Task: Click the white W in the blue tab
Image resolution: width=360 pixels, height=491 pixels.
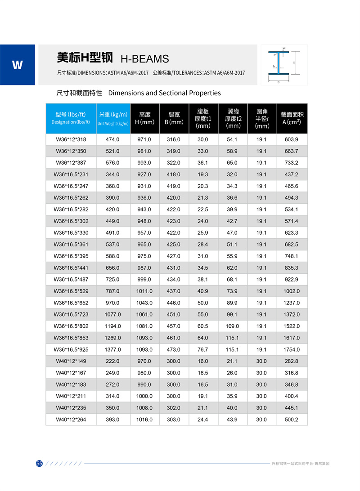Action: tap(17, 65)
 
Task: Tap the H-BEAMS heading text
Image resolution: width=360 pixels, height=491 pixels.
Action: tap(144, 59)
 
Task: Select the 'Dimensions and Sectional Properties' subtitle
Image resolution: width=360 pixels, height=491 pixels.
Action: tap(165, 93)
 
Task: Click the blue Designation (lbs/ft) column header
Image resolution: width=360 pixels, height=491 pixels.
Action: tap(71, 118)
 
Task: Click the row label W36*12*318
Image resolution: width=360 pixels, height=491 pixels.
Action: tap(71, 139)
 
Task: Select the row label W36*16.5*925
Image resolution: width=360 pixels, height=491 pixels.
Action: tap(71, 349)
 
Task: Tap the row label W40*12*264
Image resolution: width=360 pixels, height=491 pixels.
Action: tap(71, 420)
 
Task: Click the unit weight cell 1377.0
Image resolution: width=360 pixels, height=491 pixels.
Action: tap(112, 349)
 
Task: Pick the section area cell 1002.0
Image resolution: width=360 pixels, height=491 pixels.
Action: tap(291, 291)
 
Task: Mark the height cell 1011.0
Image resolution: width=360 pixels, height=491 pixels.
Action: tap(144, 291)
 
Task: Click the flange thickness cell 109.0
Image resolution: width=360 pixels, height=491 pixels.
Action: tap(232, 326)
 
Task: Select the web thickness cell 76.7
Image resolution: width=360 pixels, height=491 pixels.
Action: tap(203, 349)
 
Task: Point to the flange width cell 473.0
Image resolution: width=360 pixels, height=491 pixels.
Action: tap(173, 349)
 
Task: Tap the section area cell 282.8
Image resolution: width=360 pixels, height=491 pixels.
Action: tap(291, 361)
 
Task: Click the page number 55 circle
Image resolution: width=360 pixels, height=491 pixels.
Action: tap(39, 464)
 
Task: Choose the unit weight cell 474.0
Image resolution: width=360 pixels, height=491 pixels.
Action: tap(112, 139)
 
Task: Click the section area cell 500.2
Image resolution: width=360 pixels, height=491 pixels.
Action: tap(291, 420)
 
